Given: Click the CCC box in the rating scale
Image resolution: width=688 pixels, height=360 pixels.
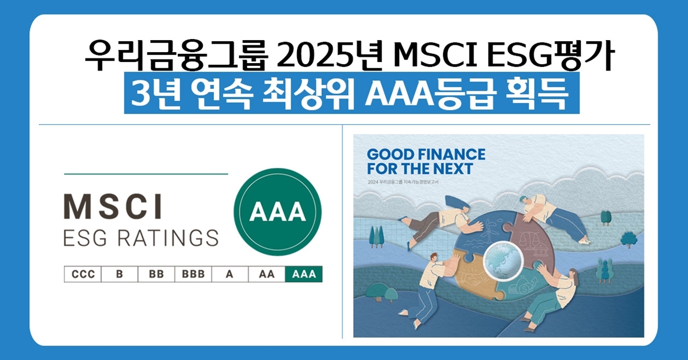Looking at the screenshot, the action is click(x=83, y=274).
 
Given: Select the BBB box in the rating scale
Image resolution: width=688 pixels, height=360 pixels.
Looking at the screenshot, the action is click(x=193, y=274).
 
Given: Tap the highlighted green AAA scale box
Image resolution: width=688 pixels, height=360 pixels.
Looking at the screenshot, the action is click(x=304, y=274).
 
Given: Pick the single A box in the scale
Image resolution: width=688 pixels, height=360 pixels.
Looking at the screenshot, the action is click(x=230, y=274).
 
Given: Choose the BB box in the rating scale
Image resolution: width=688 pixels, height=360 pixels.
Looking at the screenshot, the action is click(x=157, y=274).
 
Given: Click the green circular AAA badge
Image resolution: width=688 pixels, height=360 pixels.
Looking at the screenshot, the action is click(x=277, y=212).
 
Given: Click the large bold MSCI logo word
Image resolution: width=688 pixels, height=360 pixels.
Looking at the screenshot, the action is click(x=113, y=206).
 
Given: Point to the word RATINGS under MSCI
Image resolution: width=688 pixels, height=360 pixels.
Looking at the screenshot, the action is click(x=168, y=238).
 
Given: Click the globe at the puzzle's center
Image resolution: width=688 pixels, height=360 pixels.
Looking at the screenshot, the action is click(x=503, y=260).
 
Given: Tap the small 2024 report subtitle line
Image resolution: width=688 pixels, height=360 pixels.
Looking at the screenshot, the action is click(x=403, y=182).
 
